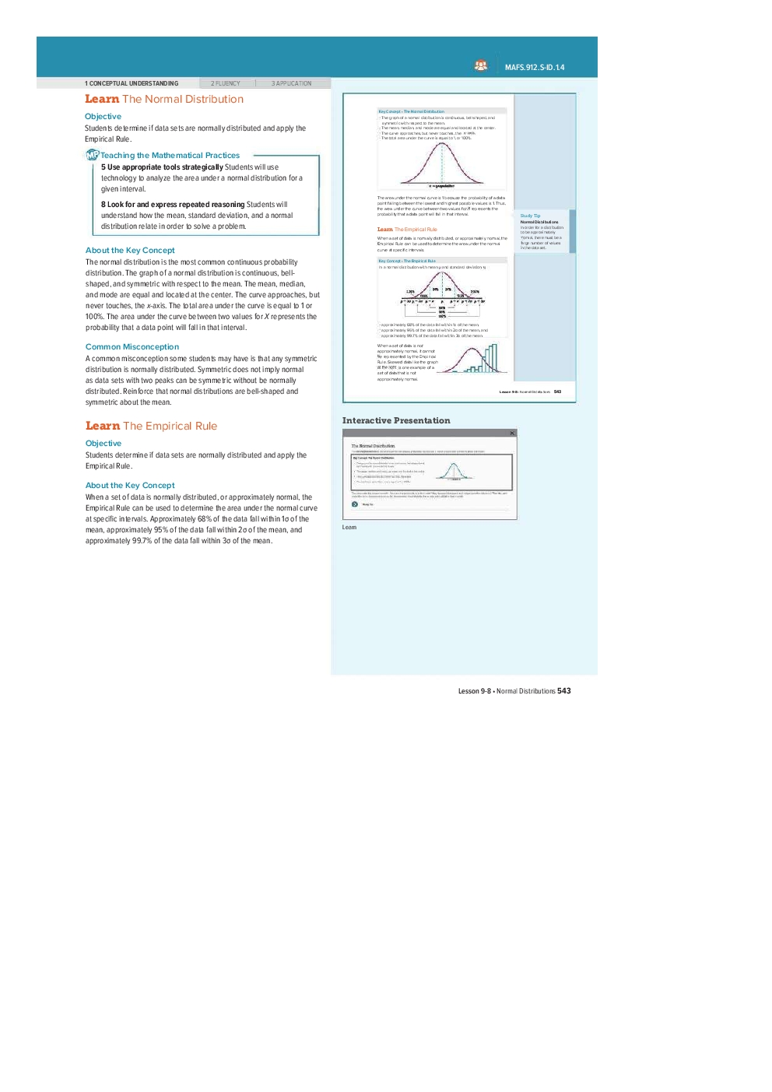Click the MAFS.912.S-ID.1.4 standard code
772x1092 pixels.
534,68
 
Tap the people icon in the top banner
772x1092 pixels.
481,66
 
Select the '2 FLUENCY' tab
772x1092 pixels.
226,83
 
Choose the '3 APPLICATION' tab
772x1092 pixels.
291,83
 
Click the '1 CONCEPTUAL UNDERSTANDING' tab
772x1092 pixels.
132,83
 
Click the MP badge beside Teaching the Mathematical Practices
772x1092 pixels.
92,155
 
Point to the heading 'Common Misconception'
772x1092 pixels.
132,347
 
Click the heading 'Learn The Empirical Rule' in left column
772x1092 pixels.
151,426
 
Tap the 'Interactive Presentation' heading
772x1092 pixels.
396,421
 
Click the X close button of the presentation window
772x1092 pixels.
512,434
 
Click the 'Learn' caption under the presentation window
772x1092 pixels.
349,528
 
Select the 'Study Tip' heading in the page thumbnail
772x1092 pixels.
530,216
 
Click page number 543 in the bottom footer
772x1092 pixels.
564,691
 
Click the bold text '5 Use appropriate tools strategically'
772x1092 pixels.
162,167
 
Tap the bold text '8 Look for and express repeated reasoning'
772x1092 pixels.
173,205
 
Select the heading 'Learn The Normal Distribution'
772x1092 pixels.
164,99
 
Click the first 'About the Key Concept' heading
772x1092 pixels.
130,251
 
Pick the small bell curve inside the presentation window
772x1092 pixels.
452,471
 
